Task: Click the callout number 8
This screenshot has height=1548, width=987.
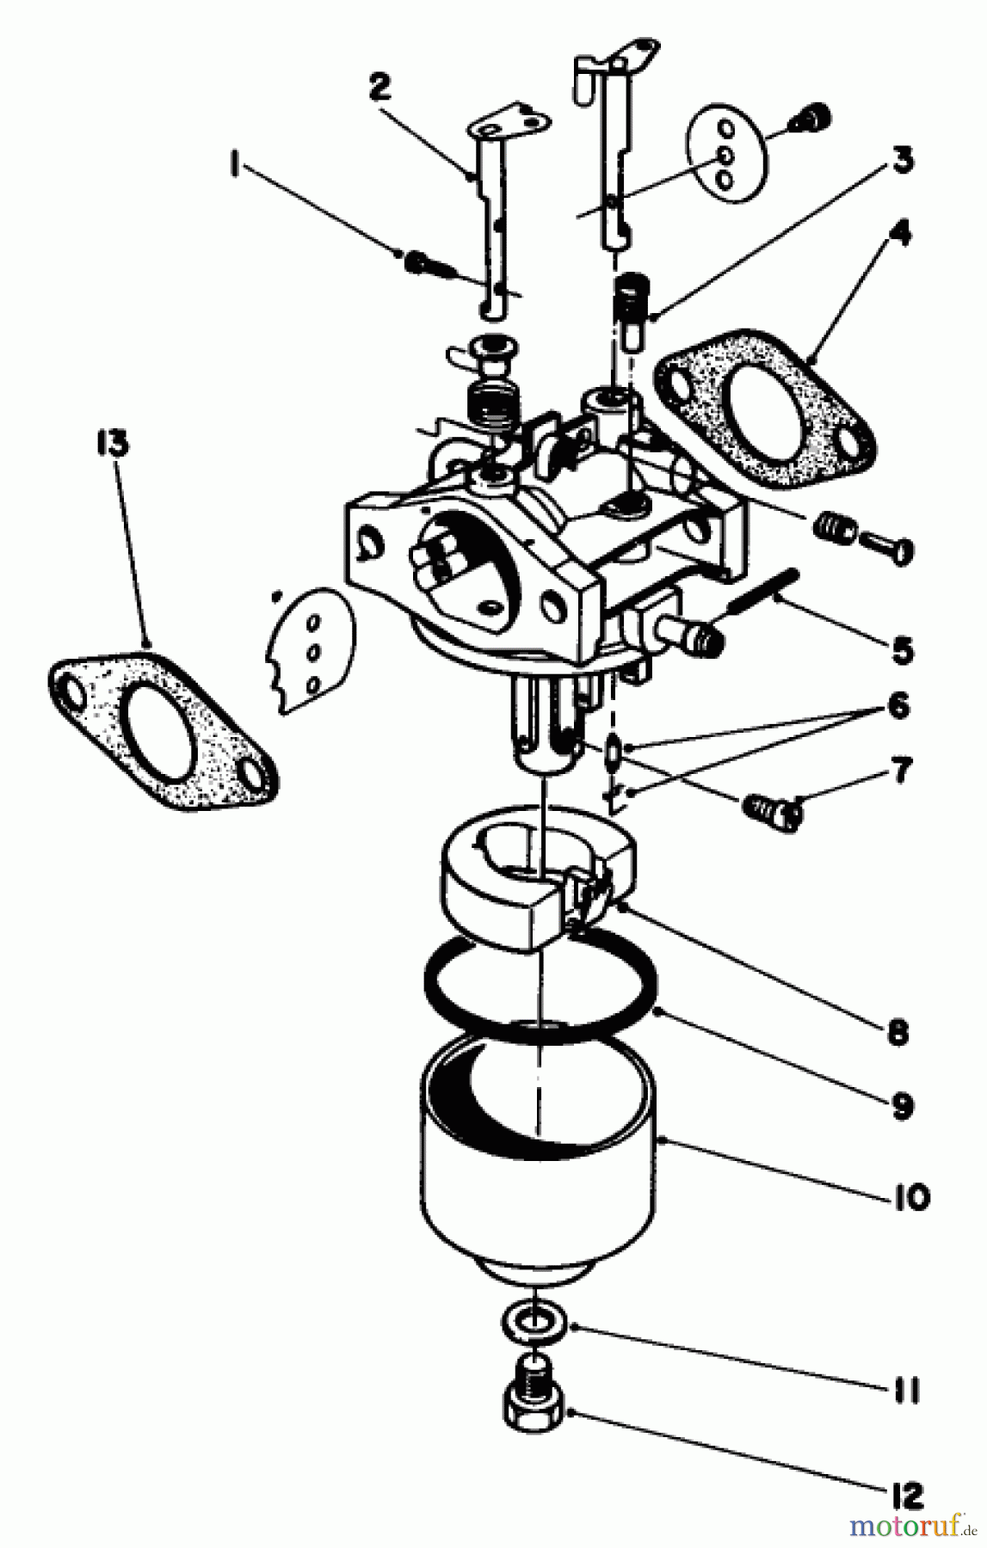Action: coord(897,1032)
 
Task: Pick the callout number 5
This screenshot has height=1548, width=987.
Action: coord(901,650)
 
